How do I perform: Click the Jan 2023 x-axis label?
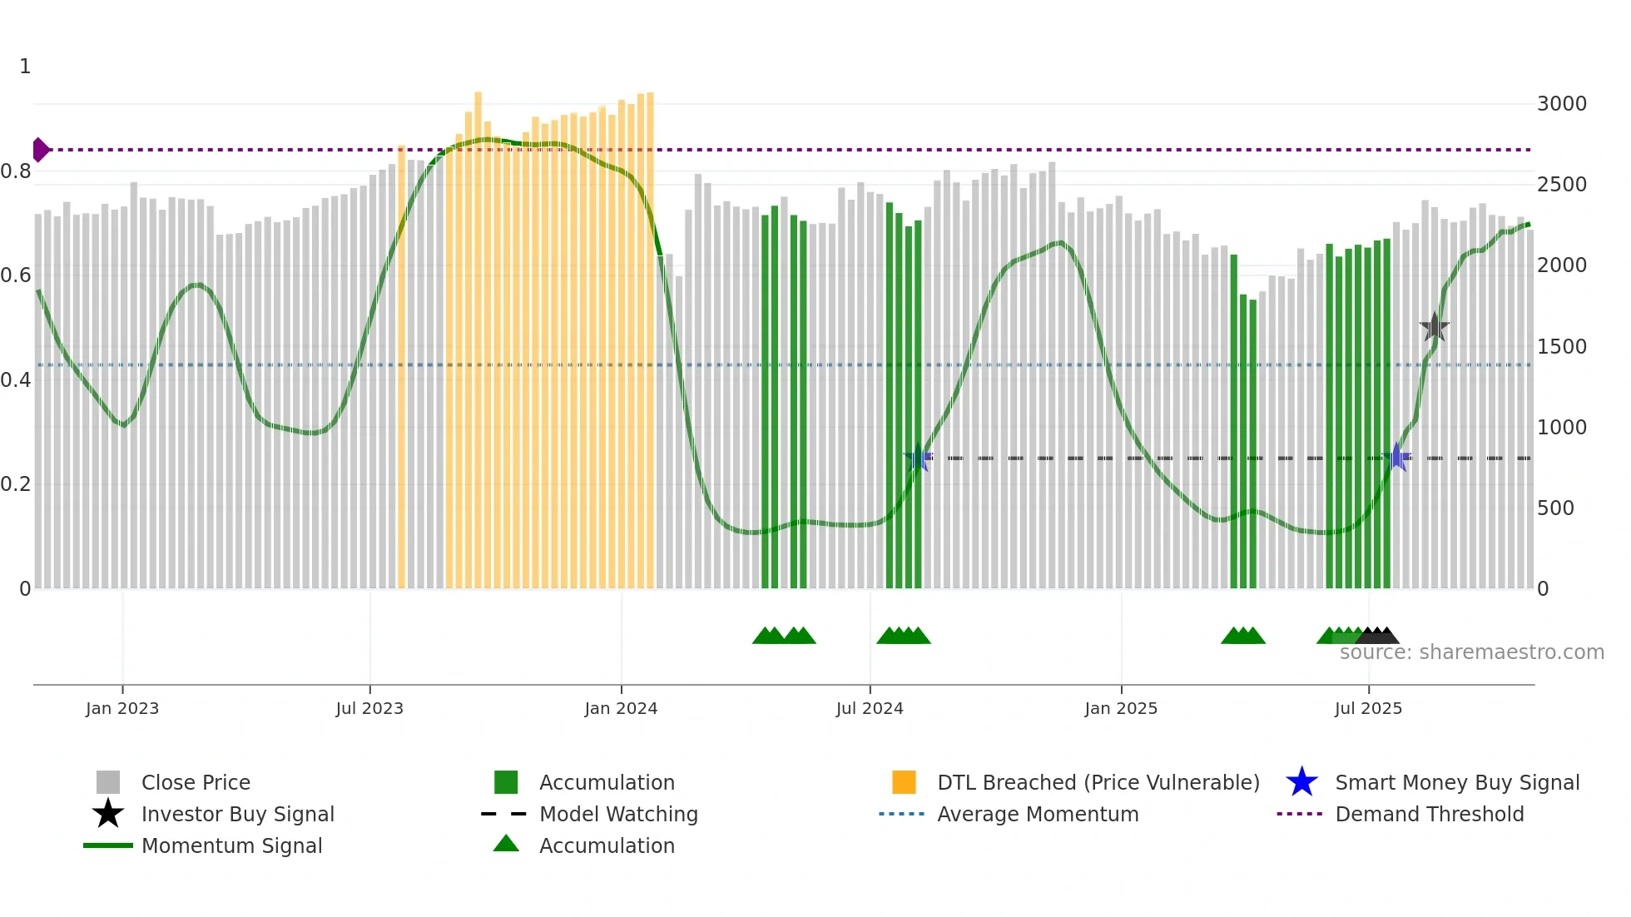(x=121, y=708)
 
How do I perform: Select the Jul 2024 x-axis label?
(x=870, y=708)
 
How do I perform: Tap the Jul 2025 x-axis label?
(x=1368, y=708)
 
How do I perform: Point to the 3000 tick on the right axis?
(x=1561, y=104)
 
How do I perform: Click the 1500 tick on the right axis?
(x=1561, y=347)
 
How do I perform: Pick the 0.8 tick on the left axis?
(x=16, y=171)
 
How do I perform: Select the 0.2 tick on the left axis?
(x=16, y=484)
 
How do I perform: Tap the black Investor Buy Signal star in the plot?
(x=1434, y=327)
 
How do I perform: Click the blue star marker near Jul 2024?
(x=918, y=458)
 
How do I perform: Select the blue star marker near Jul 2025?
(x=1396, y=457)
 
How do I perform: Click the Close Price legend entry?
(x=196, y=782)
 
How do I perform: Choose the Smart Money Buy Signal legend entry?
(x=1457, y=782)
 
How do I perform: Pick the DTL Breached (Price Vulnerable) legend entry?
(x=1098, y=782)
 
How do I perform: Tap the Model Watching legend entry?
(x=618, y=814)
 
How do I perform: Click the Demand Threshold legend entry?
(x=1429, y=814)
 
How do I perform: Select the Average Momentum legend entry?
(x=1038, y=814)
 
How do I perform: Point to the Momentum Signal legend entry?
(x=231, y=845)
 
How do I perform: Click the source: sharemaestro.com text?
(x=1471, y=652)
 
